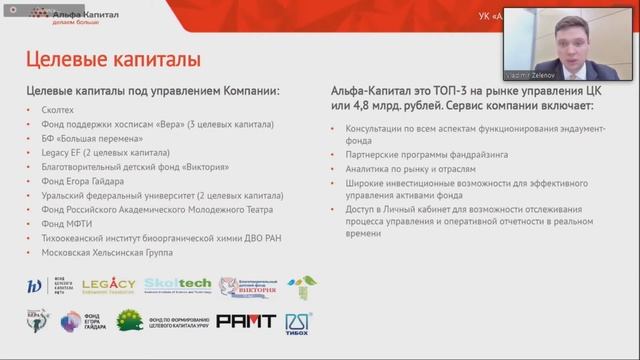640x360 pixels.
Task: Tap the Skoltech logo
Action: [x=177, y=286]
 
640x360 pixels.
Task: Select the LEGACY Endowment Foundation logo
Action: [x=106, y=286]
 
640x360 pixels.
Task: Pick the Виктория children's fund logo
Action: [x=247, y=287]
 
